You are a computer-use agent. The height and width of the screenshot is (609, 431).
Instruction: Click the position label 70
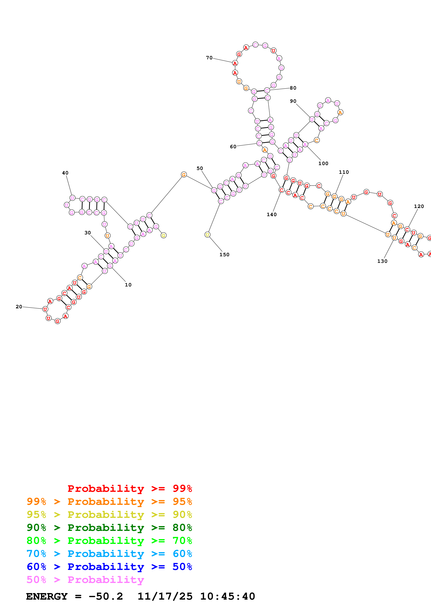pyautogui.click(x=209, y=58)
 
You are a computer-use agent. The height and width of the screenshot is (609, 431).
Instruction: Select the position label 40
pyautogui.click(x=65, y=173)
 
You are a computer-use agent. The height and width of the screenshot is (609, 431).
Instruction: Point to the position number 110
pyautogui.click(x=344, y=172)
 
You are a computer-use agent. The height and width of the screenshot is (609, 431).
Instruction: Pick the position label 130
pyautogui.click(x=382, y=261)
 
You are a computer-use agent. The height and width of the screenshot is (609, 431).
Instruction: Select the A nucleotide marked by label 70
pyautogui.click(x=235, y=63)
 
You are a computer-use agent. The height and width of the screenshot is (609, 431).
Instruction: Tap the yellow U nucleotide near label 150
pyautogui.click(x=207, y=235)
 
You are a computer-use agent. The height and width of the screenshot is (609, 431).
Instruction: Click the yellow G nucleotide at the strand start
pyautogui.click(x=163, y=235)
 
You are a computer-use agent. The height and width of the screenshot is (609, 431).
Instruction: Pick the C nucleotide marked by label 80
pyautogui.click(x=267, y=90)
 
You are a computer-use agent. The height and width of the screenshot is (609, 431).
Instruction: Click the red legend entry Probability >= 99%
pyautogui.click(x=130, y=488)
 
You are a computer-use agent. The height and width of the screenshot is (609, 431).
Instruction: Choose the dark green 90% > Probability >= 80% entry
pyautogui.click(x=109, y=528)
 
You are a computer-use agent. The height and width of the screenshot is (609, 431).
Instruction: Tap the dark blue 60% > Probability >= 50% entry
pyautogui.click(x=109, y=567)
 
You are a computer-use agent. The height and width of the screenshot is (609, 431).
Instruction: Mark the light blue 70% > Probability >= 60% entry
pyautogui.click(x=109, y=554)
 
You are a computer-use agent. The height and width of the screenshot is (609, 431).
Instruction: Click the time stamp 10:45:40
pyautogui.click(x=227, y=596)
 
